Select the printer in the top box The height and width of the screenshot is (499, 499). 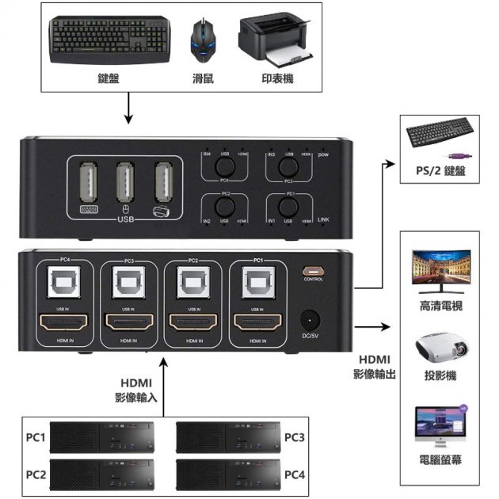point(278,39)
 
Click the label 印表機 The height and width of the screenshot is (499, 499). point(278,79)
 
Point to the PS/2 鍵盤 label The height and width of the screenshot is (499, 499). point(440,170)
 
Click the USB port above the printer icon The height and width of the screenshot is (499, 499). point(164,184)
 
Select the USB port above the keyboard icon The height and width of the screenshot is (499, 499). point(86,184)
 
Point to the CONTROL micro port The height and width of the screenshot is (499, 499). point(312,269)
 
